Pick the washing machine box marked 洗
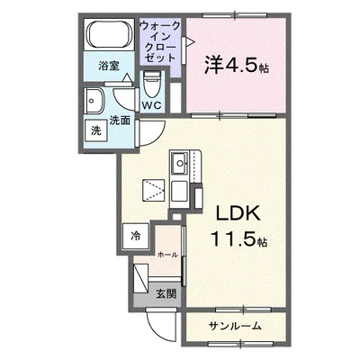coord(96,130)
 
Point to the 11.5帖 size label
coord(238,240)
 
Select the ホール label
coord(166,255)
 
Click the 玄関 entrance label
coord(165,293)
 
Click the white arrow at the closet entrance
coord(187,41)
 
